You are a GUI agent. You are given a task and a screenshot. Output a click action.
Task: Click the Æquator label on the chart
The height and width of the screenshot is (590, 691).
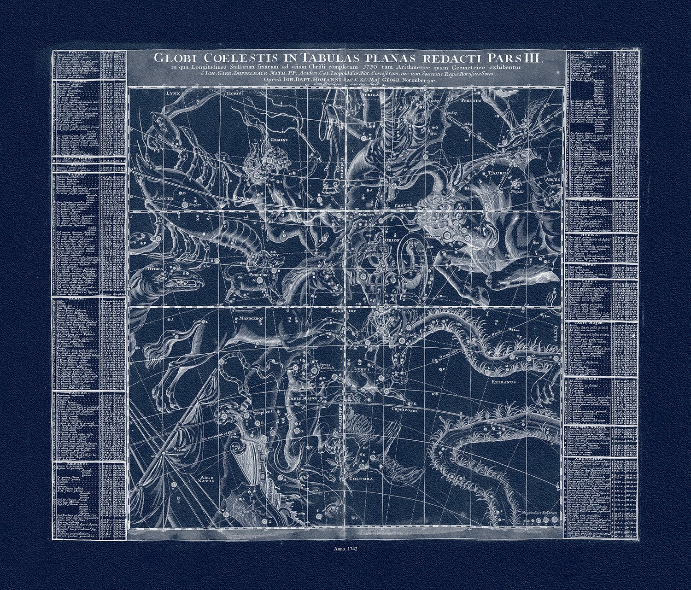343,311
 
